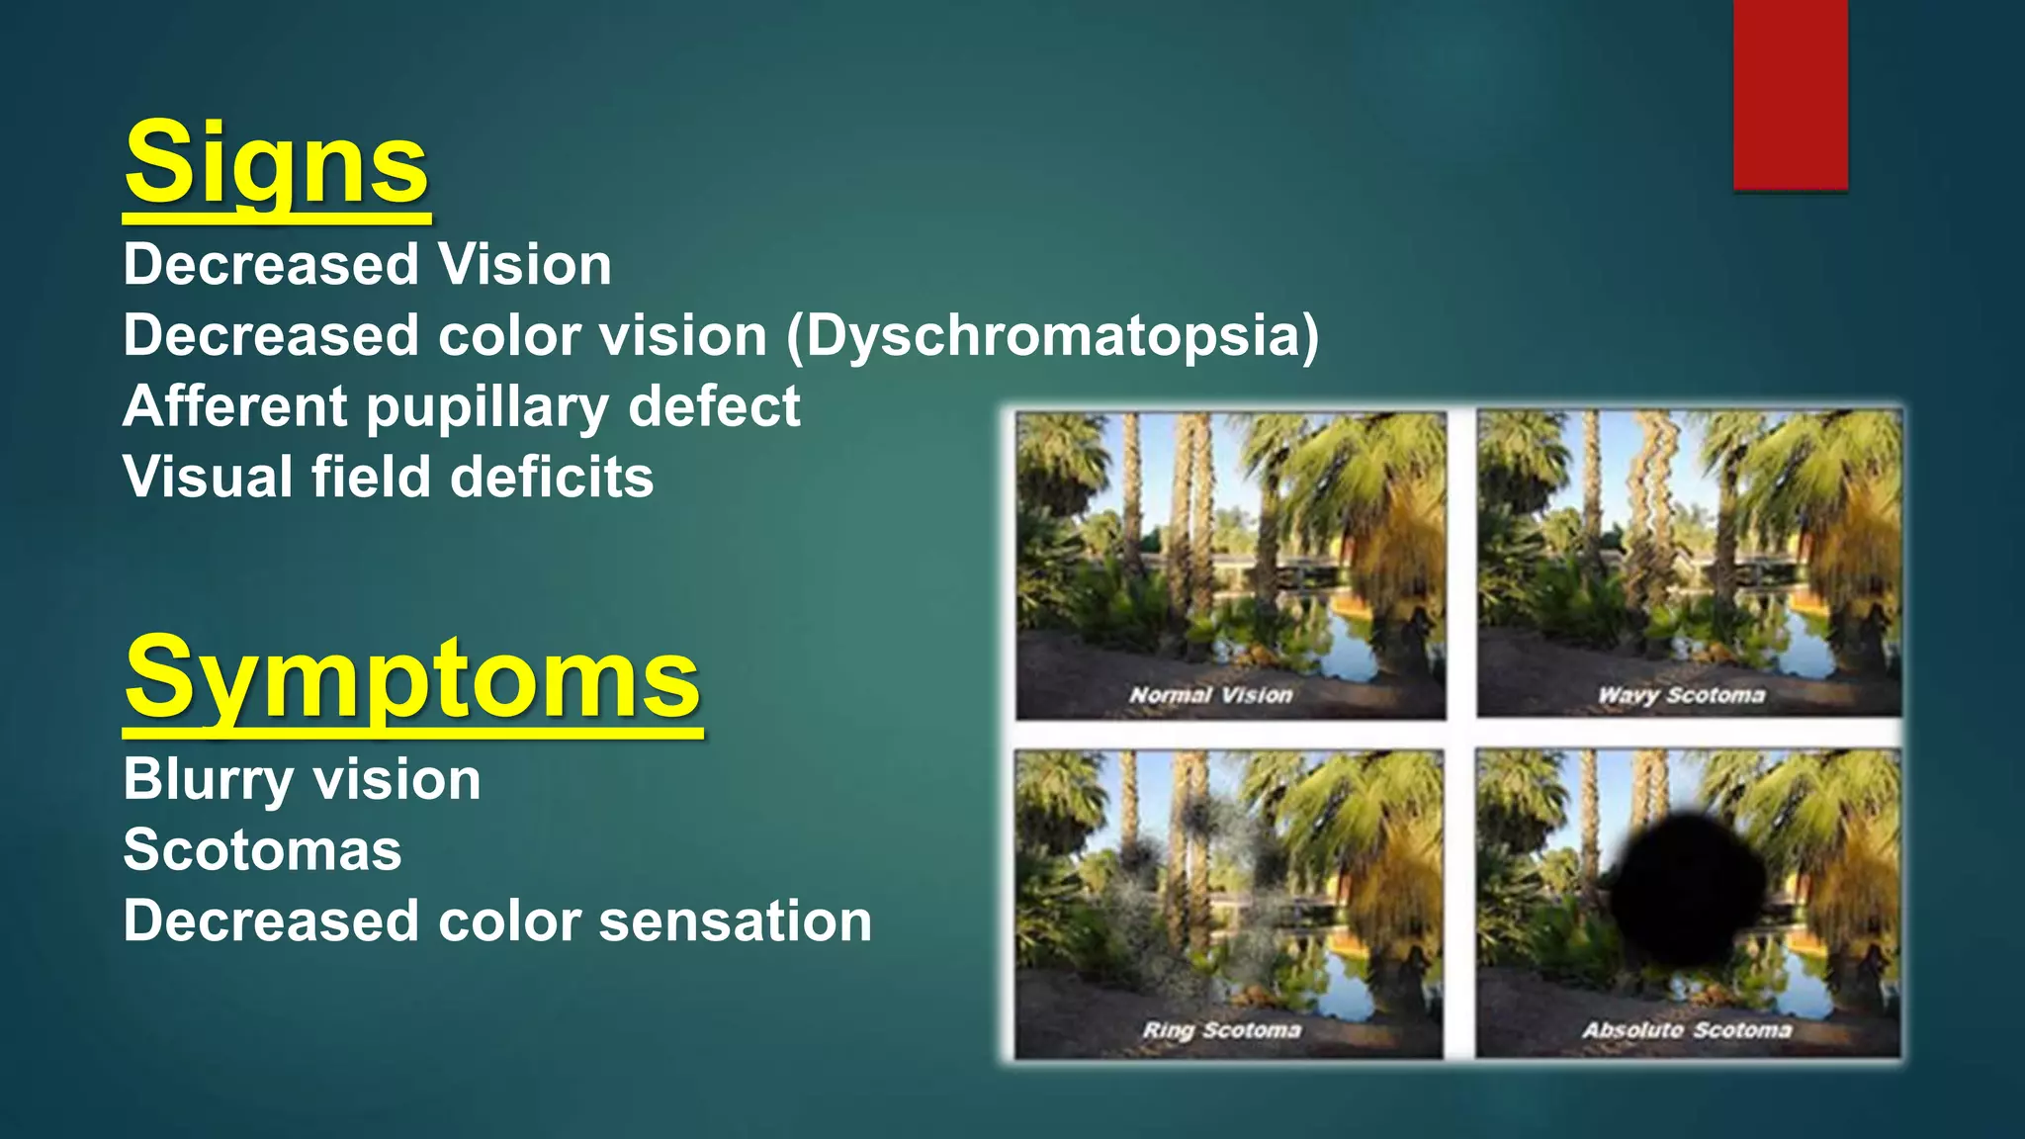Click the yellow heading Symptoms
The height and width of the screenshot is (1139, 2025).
pos(412,679)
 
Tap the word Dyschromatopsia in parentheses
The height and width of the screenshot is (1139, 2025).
pos(1053,336)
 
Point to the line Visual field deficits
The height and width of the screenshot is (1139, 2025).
pos(388,478)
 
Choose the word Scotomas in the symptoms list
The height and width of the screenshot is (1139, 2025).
pos(262,850)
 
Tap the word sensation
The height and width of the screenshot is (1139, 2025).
pos(735,921)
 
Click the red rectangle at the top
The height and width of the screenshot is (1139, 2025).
pos(1790,94)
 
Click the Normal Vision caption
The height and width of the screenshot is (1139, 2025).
pos(1210,695)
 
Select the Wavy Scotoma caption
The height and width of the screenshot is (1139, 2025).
pos(1681,695)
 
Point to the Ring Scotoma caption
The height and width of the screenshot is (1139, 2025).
pos(1221,1030)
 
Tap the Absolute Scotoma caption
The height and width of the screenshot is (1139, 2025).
pos(1687,1030)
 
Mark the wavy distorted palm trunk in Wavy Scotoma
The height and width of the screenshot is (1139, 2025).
pos(1653,494)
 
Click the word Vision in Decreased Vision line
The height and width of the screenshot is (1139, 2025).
pos(525,265)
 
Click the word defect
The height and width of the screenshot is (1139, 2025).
pos(714,406)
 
